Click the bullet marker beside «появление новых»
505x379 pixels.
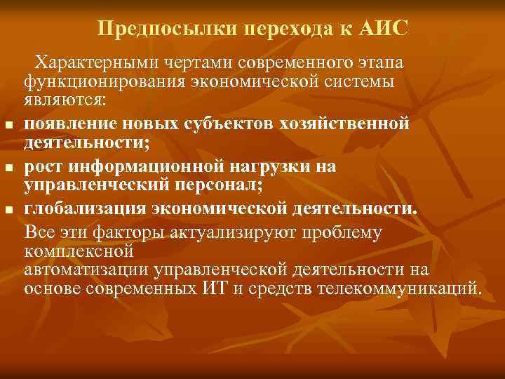(9, 126)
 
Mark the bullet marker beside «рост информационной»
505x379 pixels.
(9, 169)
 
